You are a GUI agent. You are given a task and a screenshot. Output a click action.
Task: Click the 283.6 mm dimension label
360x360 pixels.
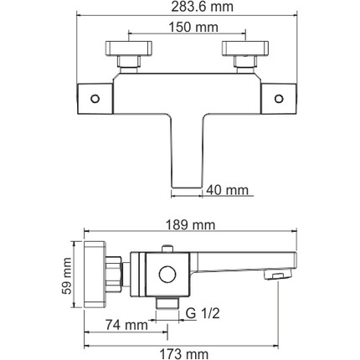202,7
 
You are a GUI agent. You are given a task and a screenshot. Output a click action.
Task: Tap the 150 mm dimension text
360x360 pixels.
193,27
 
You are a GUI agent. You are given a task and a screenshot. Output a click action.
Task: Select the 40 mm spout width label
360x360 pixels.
227,190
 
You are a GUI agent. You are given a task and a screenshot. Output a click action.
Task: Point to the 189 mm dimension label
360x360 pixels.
191,225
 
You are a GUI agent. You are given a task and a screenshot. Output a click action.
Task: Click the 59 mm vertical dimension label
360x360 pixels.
67,276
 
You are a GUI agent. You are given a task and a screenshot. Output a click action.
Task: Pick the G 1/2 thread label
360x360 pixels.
203,313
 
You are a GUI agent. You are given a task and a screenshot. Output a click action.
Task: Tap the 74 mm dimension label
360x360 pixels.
126,325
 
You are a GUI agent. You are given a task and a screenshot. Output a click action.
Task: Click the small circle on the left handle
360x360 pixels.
95,99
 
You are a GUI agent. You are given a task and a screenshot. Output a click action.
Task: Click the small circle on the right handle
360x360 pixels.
279,99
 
